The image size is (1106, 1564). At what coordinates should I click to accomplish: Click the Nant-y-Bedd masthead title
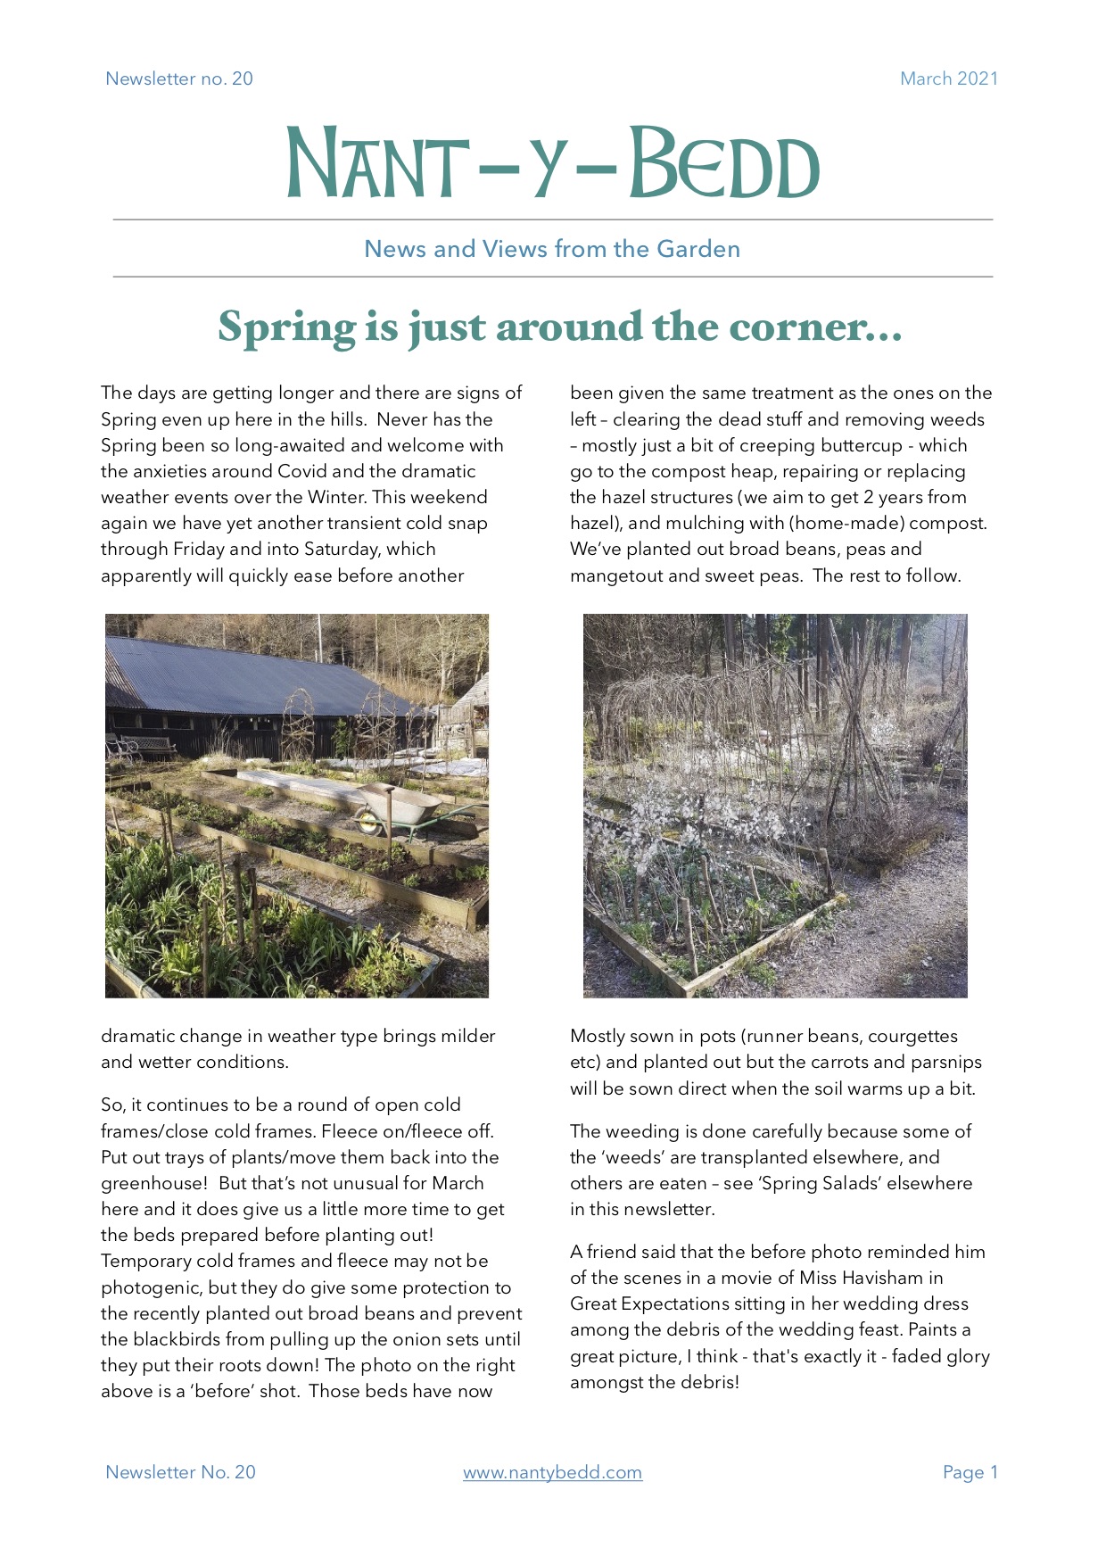tap(552, 164)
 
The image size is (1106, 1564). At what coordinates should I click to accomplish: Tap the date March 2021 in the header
tap(948, 79)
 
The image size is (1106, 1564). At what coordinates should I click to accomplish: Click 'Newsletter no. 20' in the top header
tap(179, 79)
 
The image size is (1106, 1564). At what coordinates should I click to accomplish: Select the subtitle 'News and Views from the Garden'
tap(552, 249)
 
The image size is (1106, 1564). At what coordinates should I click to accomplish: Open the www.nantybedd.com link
tap(552, 1472)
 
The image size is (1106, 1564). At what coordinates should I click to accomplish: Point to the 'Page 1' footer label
tap(970, 1472)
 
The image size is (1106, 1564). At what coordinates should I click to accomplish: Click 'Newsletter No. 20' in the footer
tap(180, 1472)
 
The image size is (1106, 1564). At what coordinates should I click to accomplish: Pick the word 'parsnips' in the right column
tap(945, 1062)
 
